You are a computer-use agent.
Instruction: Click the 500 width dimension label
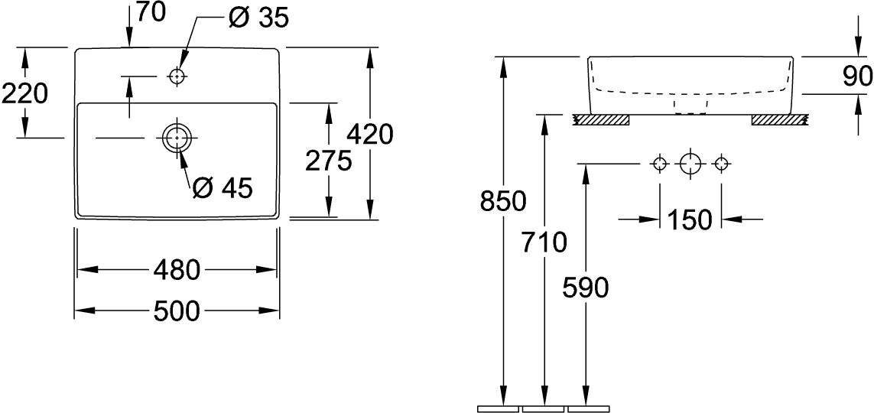point(177,311)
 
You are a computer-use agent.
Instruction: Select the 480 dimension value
point(177,270)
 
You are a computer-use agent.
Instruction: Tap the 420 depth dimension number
point(369,135)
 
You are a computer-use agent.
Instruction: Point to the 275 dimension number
point(328,161)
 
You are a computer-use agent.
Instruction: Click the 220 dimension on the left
point(24,93)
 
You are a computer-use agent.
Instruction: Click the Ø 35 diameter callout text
point(258,18)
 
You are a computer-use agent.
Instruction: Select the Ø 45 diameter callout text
point(222,187)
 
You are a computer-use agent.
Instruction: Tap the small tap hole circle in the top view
point(177,76)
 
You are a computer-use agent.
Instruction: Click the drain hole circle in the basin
point(177,138)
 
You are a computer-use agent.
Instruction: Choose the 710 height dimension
point(544,242)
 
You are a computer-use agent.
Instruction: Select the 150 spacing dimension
point(689,220)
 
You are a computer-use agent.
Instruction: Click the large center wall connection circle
point(690,163)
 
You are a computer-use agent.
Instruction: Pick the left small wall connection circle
point(658,163)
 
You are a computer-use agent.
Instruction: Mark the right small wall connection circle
point(721,163)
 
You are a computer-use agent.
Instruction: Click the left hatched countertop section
point(602,119)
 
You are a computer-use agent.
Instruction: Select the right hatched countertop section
point(780,119)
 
